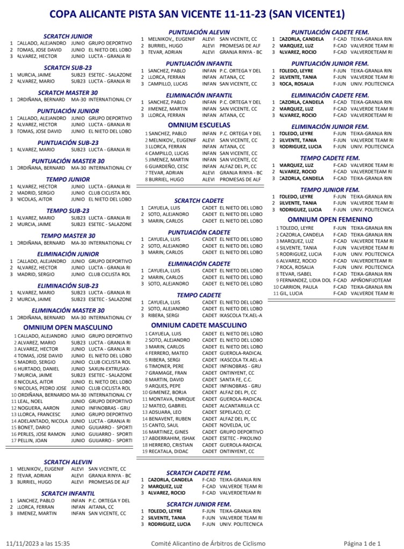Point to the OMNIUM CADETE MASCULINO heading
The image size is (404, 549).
pos(198,325)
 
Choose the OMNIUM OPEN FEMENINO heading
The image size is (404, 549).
pos(330,219)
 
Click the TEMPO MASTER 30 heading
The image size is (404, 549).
pos(68,235)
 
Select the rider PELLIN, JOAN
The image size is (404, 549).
pos(31,440)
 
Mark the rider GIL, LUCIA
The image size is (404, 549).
pos(290,294)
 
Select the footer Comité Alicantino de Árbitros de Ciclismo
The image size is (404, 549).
pos(208,543)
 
